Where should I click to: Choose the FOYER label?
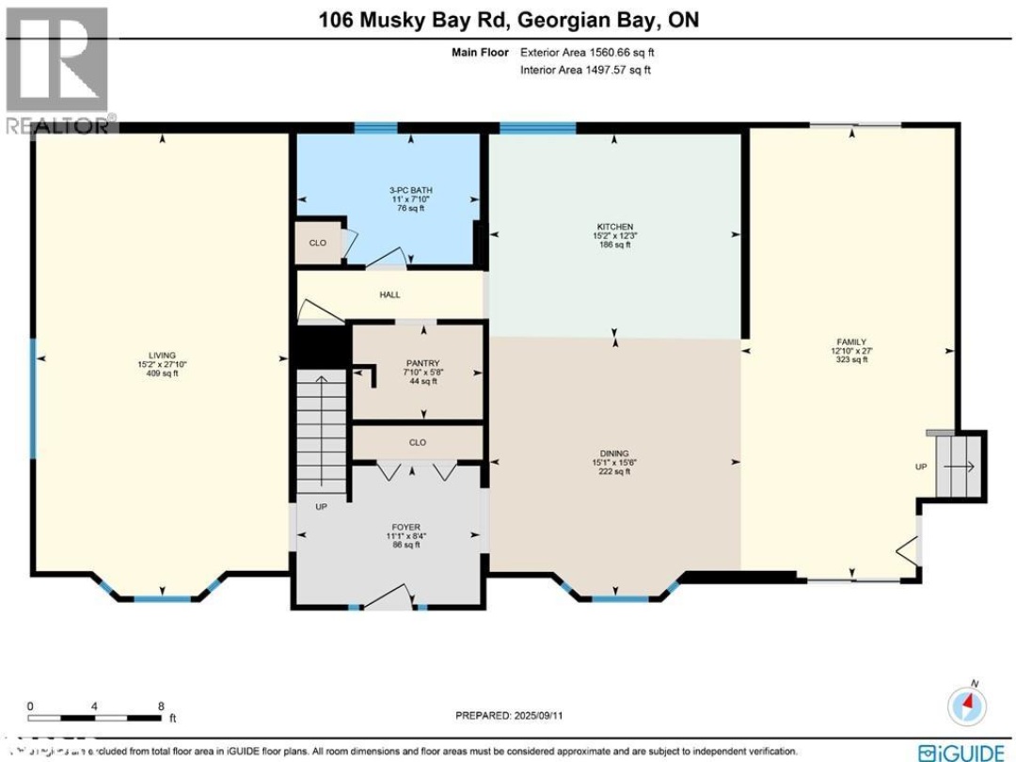405,527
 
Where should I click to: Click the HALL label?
389,294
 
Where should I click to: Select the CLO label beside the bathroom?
318,243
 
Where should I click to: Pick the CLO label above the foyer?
418,442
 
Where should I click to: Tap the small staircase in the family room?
960,466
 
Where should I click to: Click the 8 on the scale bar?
161,705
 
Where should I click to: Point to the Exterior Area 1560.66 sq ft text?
586,54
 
